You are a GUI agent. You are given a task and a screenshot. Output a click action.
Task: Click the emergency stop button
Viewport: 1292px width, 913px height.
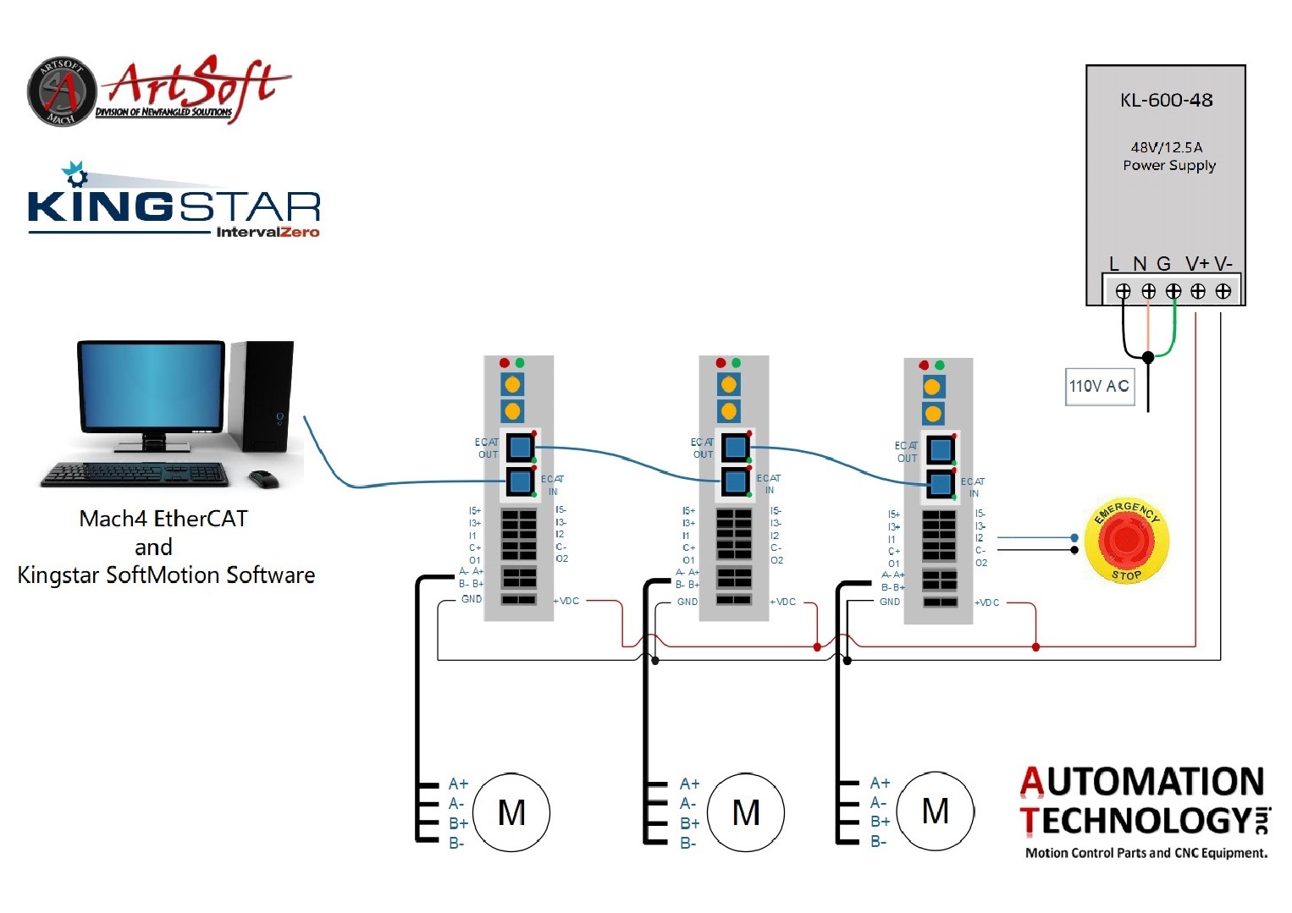pyautogui.click(x=1126, y=542)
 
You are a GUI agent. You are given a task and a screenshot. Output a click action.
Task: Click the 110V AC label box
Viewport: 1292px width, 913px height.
pyautogui.click(x=1099, y=387)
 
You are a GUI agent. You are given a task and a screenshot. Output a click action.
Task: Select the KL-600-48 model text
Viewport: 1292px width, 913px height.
pyautogui.click(x=1166, y=100)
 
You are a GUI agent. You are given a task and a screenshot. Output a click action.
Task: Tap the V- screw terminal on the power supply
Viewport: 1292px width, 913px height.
pyautogui.click(x=1223, y=291)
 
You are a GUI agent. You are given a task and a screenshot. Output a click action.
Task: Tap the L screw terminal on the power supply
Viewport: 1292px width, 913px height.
pyautogui.click(x=1123, y=291)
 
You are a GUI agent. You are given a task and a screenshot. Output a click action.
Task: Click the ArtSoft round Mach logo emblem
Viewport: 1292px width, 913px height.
pyautogui.click(x=61, y=91)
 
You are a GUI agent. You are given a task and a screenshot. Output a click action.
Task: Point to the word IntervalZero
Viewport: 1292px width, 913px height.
pyautogui.click(x=268, y=232)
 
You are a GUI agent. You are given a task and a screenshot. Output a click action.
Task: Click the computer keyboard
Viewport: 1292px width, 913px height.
pyautogui.click(x=136, y=474)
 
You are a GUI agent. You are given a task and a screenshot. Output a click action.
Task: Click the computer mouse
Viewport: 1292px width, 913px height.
pyautogui.click(x=264, y=479)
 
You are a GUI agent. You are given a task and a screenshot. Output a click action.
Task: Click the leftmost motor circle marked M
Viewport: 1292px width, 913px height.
pyautogui.click(x=511, y=812)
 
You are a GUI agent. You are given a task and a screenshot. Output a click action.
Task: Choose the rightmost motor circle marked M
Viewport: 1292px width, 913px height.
pyautogui.click(x=935, y=811)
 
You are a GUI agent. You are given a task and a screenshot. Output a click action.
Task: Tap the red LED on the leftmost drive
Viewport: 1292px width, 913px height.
pyautogui.click(x=505, y=362)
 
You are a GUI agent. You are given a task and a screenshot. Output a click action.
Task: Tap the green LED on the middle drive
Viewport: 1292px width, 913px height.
pyautogui.click(x=736, y=362)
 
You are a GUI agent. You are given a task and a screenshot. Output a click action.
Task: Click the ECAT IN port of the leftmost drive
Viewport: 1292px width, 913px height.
pyautogui.click(x=520, y=482)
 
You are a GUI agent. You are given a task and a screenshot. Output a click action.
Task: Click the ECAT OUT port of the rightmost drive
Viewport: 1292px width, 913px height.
pyautogui.click(x=940, y=449)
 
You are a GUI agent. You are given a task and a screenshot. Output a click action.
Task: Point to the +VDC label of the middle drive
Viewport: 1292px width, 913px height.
pyautogui.click(x=783, y=602)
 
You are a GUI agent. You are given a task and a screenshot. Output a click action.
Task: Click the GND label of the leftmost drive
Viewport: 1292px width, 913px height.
pyautogui.click(x=472, y=599)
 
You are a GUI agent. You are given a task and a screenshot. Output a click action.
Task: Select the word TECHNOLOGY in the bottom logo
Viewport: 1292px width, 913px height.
pyautogui.click(x=1135, y=821)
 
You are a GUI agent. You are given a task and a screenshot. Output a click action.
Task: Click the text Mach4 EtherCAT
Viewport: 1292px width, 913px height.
pyautogui.click(x=163, y=519)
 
